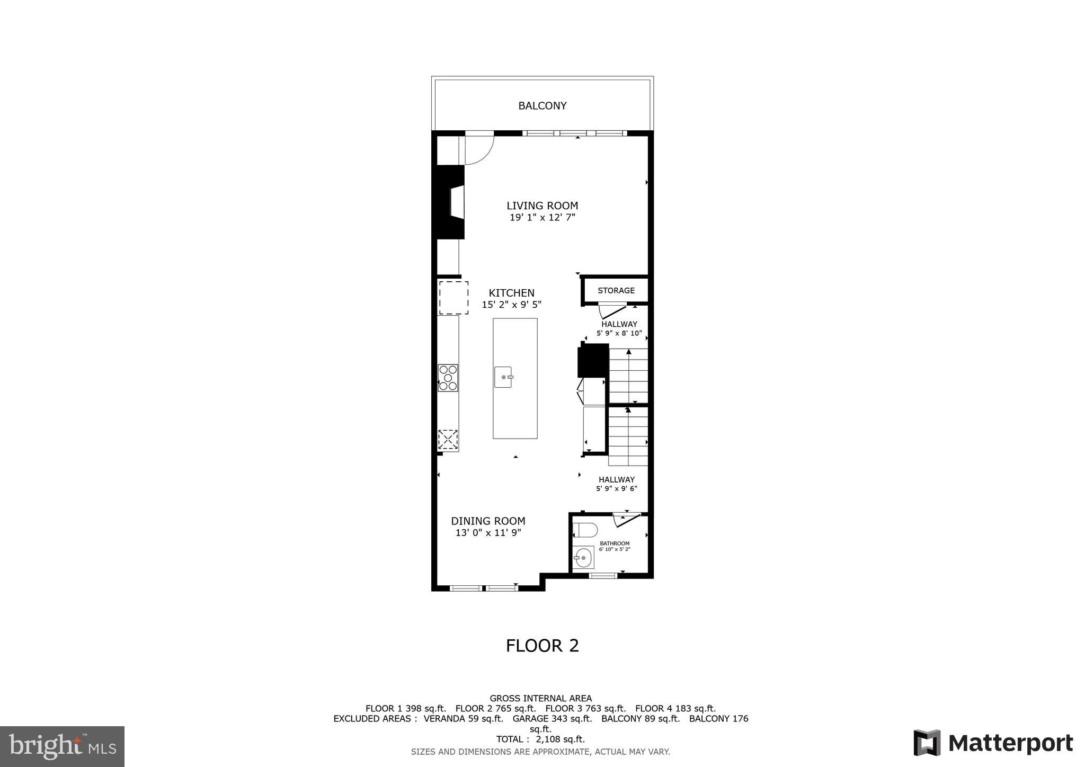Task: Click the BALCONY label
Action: [542, 106]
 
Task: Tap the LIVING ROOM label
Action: [542, 206]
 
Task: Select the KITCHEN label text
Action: [511, 293]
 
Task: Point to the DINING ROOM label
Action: [488, 521]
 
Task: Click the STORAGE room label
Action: [616, 290]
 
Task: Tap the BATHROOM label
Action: [615, 543]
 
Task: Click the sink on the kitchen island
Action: [503, 377]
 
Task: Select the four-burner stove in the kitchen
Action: [448, 378]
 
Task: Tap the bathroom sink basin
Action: [583, 558]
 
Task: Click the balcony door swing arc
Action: [480, 150]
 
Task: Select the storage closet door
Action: [613, 310]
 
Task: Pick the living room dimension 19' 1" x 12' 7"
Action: [542, 218]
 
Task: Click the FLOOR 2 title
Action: [542, 646]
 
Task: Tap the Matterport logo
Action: [993, 743]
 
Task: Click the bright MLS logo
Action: [62, 746]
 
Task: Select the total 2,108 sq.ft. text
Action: [540, 739]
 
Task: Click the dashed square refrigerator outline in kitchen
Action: [453, 298]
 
